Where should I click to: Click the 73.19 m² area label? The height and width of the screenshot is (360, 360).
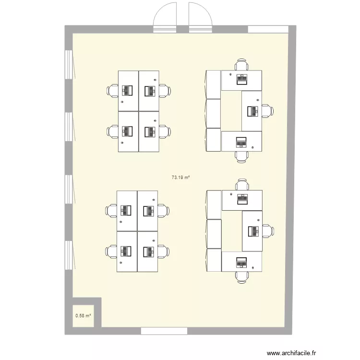[x=180, y=177]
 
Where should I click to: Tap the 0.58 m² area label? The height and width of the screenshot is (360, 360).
[x=83, y=316]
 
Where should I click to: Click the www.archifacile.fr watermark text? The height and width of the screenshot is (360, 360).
[x=291, y=353]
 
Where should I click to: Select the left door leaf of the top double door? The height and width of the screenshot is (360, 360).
[x=165, y=17]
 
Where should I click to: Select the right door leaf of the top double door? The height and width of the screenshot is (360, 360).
[x=201, y=17]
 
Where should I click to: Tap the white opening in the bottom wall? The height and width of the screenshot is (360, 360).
[x=164, y=331]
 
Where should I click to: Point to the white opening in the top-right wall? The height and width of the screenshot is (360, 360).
[x=268, y=29]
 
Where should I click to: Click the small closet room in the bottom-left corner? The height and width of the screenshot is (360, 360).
[x=83, y=316]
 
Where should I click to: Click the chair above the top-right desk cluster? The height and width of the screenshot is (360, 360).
[x=241, y=65]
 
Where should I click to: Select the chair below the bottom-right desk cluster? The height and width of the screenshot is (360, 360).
[x=241, y=277]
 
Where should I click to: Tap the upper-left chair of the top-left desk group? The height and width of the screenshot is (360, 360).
[x=112, y=91]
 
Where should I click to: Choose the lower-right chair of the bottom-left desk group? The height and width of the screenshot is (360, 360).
[x=164, y=252]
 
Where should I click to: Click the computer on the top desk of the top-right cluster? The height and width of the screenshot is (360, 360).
[x=242, y=79]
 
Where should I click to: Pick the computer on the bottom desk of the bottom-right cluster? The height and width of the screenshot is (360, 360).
[x=241, y=263]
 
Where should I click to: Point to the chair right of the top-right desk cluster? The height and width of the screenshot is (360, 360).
[x=267, y=111]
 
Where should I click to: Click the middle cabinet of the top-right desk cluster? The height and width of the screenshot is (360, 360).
[x=214, y=113]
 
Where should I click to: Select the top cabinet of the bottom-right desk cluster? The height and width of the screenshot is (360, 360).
[x=214, y=204]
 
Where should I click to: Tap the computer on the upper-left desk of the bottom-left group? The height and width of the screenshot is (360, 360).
[x=126, y=211]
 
